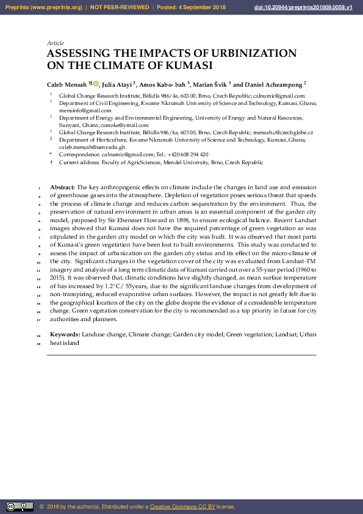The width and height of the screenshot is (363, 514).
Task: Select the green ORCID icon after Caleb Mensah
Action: (95, 84)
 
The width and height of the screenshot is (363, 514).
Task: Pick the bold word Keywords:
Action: (65, 335)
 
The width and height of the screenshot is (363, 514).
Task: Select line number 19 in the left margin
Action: (38, 343)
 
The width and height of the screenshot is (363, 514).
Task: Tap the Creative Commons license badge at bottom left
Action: (20, 507)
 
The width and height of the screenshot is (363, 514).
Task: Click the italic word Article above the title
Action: (56, 43)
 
